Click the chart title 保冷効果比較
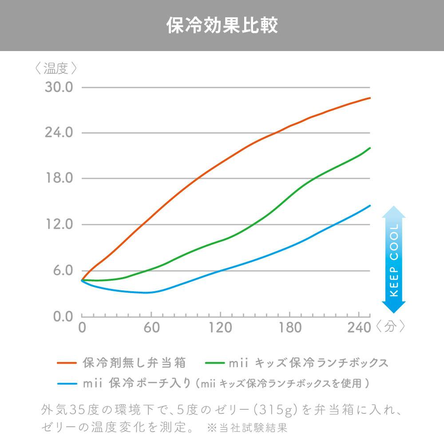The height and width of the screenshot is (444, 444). coord(222,26)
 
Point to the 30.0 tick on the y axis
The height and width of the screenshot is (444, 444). coord(59,87)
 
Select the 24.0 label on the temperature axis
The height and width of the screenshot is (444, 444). coord(59,133)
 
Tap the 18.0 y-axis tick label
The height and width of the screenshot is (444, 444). coord(59,178)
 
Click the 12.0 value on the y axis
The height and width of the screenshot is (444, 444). coord(59,225)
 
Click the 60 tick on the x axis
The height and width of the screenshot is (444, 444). coord(151,328)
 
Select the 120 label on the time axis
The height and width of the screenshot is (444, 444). coord(220,328)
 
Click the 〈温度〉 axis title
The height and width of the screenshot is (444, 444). coord(56,68)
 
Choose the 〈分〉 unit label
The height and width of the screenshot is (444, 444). coord(390,327)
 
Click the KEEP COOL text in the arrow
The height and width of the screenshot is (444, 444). coord(394,260)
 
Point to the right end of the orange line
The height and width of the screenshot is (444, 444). coord(370,98)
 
